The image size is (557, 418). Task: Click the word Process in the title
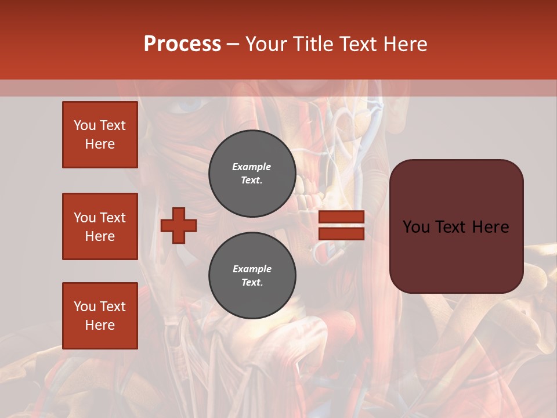click(182, 44)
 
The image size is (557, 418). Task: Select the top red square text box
click(100, 135)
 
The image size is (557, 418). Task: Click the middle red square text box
click(100, 226)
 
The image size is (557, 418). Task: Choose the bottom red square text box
click(100, 316)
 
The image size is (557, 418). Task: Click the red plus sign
click(179, 225)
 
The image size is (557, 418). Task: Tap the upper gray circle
click(252, 174)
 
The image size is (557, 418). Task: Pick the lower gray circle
click(252, 276)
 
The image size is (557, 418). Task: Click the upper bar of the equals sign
click(341, 217)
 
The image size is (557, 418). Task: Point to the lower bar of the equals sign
click(341, 233)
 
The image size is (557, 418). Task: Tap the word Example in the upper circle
click(251, 167)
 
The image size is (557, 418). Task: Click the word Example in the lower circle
click(252, 269)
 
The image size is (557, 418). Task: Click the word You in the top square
click(84, 125)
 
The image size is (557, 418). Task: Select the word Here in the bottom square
click(100, 325)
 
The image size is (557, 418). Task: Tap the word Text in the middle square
click(112, 218)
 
